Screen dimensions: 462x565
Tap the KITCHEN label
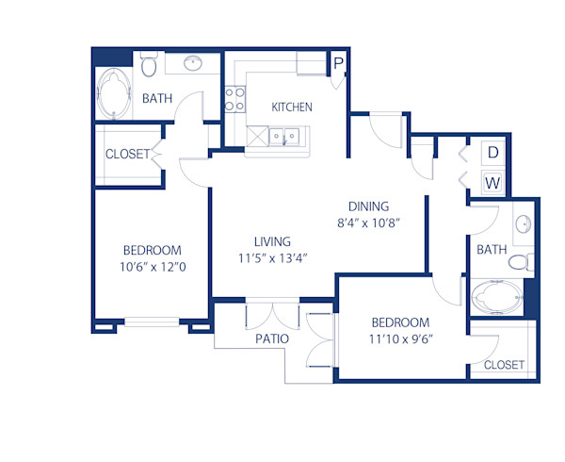point(292,107)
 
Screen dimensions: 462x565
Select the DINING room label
point(368,206)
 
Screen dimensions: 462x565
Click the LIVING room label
point(272,241)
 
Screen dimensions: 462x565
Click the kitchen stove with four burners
point(235,99)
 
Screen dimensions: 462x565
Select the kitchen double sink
point(286,138)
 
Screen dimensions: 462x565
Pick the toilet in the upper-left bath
point(149,64)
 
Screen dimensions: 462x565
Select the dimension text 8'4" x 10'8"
point(368,224)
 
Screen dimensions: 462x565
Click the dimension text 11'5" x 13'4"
point(272,257)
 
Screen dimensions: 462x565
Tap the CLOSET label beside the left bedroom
point(127,155)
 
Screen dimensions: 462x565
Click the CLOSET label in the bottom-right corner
point(503,365)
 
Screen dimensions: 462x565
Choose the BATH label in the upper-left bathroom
point(156,98)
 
